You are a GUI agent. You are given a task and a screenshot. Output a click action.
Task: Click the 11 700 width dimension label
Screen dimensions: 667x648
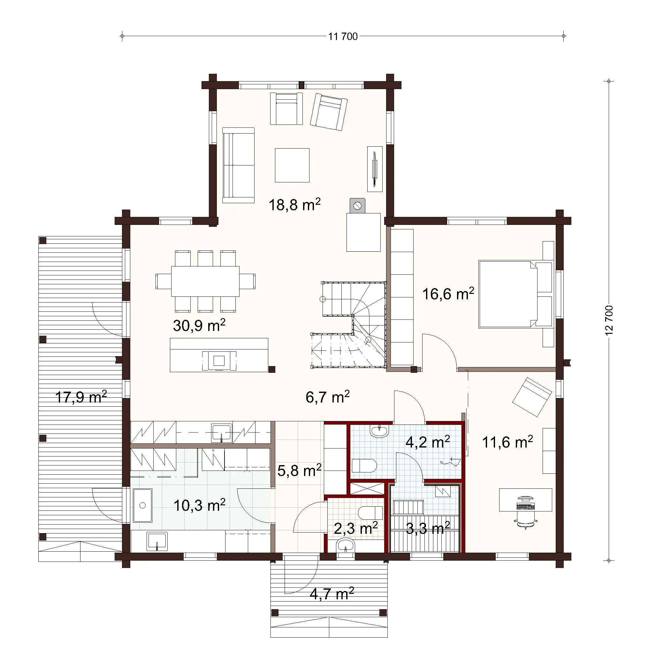tap(342, 36)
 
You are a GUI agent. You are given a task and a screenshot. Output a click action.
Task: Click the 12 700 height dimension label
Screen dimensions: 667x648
tap(609, 320)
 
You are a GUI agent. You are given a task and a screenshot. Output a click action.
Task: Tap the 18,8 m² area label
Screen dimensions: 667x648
tap(294, 205)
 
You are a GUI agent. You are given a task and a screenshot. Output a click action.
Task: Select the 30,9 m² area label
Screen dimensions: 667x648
tap(199, 325)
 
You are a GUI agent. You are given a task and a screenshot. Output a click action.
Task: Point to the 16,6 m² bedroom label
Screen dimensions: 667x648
tap(448, 294)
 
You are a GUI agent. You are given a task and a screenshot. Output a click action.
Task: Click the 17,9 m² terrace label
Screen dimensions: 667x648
tap(81, 397)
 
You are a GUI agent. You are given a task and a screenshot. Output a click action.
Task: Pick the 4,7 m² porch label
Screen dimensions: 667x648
tap(332, 594)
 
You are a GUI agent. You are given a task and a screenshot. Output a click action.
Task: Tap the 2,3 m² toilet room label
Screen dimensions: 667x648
tap(355, 528)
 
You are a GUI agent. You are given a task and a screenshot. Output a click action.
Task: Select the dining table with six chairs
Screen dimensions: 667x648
tap(205, 281)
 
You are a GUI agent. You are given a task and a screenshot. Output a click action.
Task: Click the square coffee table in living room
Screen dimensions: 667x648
tap(292, 165)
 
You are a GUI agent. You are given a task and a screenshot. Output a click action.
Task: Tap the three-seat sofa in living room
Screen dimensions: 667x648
tap(238, 165)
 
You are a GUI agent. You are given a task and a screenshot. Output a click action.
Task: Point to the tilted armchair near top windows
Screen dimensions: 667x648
tap(328, 112)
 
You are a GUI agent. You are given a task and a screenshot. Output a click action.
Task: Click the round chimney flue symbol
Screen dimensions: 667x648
tap(357, 206)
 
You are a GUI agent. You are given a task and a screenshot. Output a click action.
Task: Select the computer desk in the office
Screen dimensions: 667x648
tap(525, 500)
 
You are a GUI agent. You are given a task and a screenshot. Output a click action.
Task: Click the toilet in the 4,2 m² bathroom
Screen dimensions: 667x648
tap(364, 465)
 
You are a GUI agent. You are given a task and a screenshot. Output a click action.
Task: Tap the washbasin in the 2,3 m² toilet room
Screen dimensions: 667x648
tap(346, 546)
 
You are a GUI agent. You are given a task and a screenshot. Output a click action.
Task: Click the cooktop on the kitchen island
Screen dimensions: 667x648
tap(219, 361)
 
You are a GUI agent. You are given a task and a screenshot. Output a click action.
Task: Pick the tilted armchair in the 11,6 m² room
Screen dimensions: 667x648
tap(532, 397)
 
